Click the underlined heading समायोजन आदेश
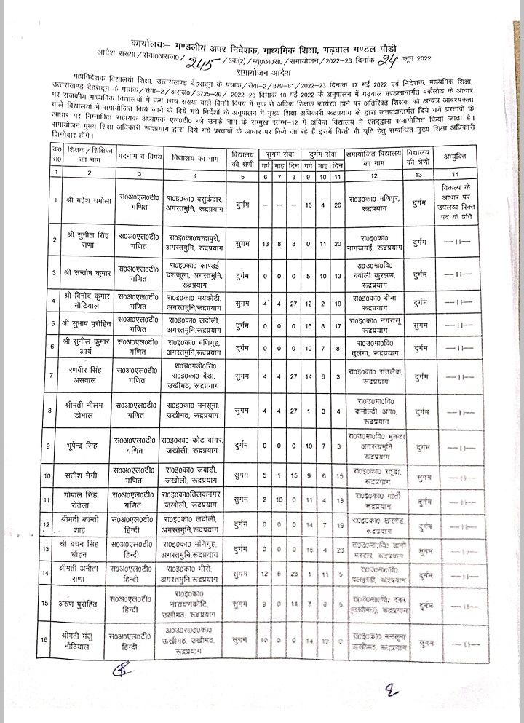tap(263, 74)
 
